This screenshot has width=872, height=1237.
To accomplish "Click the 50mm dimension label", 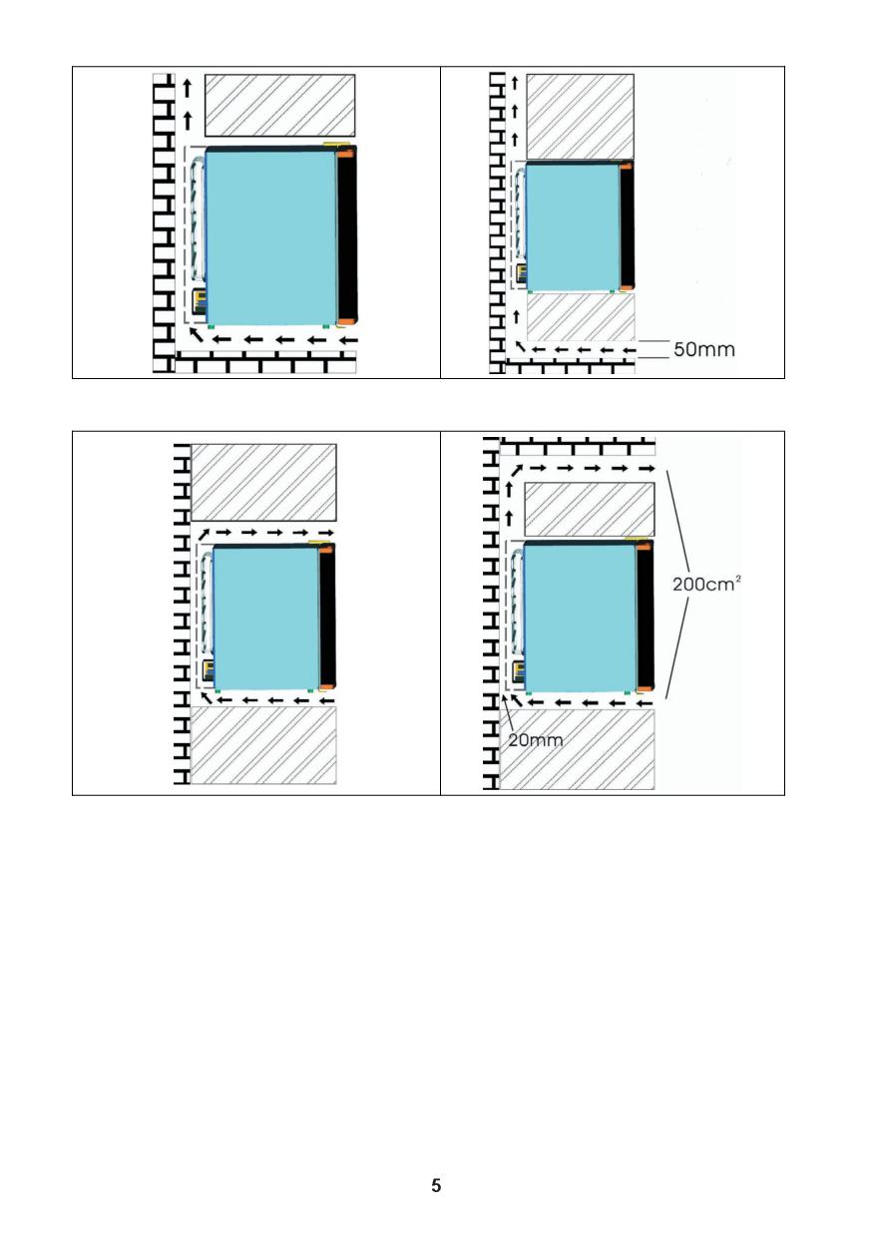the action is (704, 349).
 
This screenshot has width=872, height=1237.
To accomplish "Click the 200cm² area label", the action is (706, 584).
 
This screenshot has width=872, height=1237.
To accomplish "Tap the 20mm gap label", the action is (535, 740).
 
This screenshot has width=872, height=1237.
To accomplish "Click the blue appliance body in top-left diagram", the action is (271, 238).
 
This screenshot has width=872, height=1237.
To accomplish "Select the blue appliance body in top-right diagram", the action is (573, 227).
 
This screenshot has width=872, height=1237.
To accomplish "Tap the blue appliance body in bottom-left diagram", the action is (266, 618).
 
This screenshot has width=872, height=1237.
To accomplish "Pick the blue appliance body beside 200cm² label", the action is (581, 618).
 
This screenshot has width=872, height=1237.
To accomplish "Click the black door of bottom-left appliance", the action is (327, 618).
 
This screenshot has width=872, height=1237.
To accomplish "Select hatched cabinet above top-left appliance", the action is (280, 106).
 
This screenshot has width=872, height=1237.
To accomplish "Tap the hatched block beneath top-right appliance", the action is (581, 317).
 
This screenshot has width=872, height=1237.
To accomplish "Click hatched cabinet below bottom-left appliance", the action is (263, 745).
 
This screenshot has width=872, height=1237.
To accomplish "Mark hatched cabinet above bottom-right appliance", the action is (590, 509).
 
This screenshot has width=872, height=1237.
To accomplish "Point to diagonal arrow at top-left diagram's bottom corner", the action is (196, 334).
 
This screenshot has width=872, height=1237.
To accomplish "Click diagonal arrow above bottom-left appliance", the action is (204, 534).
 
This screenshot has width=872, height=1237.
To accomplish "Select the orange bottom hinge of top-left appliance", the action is (346, 322).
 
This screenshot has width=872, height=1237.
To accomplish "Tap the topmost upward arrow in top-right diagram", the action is (515, 84).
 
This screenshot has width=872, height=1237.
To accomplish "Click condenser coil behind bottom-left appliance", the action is (208, 605).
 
